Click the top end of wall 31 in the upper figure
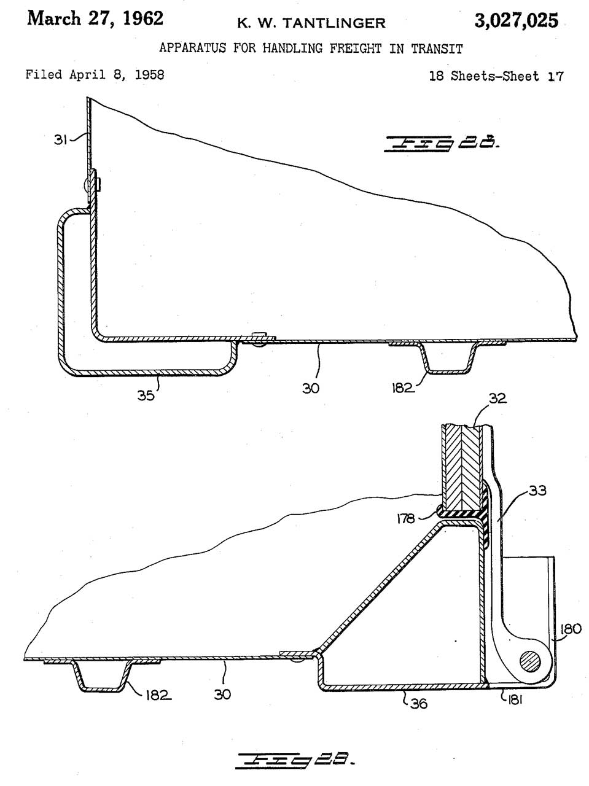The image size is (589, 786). pos(88,98)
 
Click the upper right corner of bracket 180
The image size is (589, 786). pos(554,557)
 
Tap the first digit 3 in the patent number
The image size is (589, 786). pos(480,20)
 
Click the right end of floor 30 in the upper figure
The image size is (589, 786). pos(576,338)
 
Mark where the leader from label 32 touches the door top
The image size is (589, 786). pos(475,426)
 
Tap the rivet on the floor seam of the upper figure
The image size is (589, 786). pos(258,339)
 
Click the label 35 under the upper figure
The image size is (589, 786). pos(146,395)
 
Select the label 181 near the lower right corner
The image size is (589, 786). pos(515,699)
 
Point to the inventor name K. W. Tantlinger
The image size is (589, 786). pos(311,23)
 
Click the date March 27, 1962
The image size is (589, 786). pos(95,18)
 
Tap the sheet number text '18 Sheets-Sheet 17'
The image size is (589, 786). pos(496,76)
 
